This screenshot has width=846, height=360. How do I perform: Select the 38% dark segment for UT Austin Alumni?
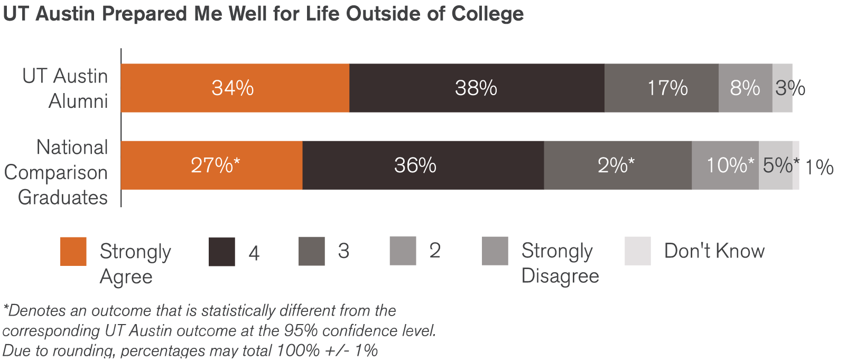pos(476,88)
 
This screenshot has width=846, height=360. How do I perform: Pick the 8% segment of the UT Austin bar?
pos(745,88)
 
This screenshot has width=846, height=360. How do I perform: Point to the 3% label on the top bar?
pos(790,88)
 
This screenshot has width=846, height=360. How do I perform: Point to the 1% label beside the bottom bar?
pos(819,167)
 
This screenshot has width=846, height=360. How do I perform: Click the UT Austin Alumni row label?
pos(66,88)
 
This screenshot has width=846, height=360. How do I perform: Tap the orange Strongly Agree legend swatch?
pos(73,252)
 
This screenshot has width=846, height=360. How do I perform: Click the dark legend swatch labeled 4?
pos(221,252)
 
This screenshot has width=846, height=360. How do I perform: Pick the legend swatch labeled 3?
pos(311,252)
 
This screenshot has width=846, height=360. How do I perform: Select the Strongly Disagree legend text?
pos(560,263)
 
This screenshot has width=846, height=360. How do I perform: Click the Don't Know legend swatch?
pos(637,251)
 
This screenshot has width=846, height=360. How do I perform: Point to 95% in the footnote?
pos(301,331)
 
